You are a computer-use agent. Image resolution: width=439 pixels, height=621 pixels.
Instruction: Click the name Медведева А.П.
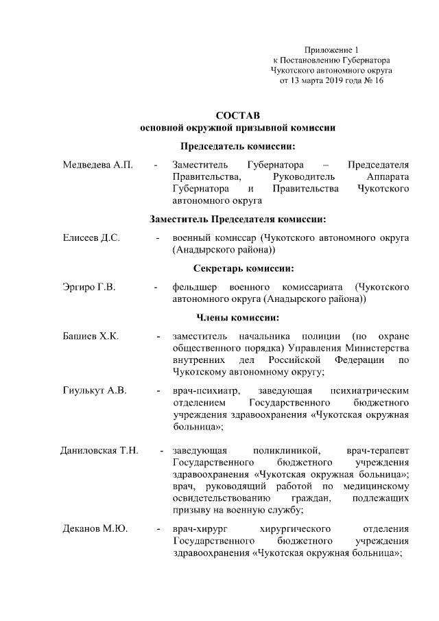(97, 165)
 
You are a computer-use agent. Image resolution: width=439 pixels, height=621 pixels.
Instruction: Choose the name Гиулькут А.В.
(95, 390)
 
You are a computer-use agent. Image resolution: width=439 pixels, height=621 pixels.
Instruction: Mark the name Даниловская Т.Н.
(99, 450)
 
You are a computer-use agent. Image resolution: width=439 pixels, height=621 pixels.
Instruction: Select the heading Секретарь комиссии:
(238, 268)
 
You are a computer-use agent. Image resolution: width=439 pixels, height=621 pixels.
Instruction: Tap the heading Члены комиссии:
(238, 317)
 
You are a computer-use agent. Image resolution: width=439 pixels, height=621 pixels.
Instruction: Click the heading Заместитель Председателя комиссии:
(238, 219)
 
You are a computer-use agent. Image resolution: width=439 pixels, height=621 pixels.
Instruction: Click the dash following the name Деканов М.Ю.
(158, 529)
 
